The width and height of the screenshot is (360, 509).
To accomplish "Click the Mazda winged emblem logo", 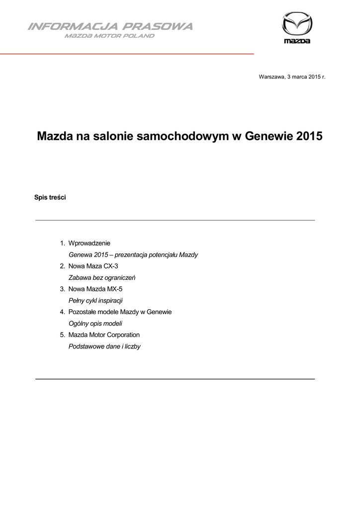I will pyautogui.click(x=297, y=23).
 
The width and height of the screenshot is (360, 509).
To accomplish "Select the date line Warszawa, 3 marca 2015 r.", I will pyautogui.click(x=292, y=77).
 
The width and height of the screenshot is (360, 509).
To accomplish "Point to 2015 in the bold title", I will pyautogui.click(x=309, y=136).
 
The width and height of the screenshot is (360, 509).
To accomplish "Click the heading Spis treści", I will pyautogui.click(x=50, y=197).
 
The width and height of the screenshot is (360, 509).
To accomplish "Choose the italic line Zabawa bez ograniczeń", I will pyautogui.click(x=102, y=277).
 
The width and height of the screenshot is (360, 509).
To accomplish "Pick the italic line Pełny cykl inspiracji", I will pyautogui.click(x=95, y=300).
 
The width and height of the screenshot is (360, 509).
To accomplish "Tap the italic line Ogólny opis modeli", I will pyautogui.click(x=95, y=323).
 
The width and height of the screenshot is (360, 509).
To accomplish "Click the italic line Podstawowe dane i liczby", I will pyautogui.click(x=104, y=346).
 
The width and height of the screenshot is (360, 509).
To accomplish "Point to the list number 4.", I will pyautogui.click(x=62, y=312).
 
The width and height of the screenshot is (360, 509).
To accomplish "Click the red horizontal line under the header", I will pyautogui.click(x=127, y=53).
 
